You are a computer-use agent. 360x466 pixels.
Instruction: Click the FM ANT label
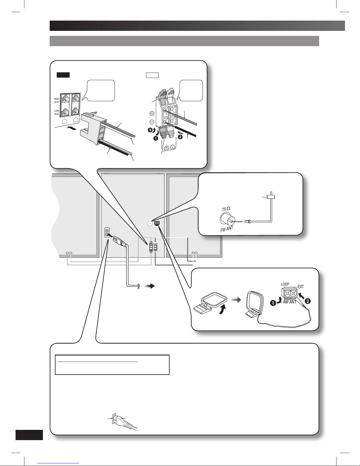227,229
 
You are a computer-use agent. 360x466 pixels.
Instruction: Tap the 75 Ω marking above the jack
226,209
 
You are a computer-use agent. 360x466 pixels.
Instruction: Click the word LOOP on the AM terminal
285,284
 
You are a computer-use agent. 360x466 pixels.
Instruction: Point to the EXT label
301,286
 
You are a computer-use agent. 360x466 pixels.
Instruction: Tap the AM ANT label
289,302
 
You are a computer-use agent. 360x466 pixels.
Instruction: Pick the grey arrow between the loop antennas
236,300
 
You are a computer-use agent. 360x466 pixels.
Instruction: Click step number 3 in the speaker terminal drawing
151,130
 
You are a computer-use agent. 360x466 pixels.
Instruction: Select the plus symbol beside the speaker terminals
152,113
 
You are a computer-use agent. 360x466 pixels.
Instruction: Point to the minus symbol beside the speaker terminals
152,122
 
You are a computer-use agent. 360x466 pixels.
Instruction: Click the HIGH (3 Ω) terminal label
56,100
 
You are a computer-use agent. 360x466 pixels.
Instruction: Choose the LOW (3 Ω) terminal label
56,112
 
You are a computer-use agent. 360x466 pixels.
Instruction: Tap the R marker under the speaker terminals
167,148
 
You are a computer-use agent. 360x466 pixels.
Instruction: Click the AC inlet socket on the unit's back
107,233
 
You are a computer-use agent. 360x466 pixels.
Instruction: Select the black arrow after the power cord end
149,286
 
